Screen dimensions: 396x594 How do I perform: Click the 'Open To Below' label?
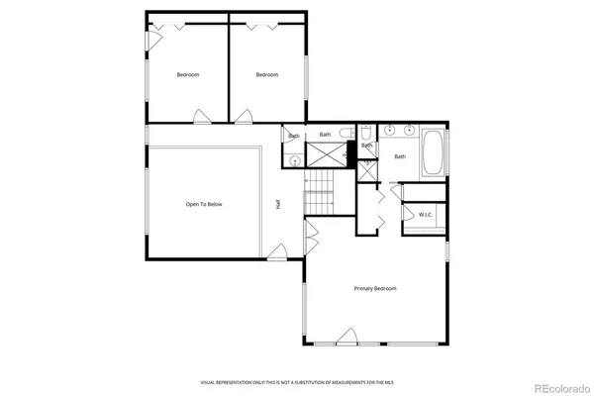click(x=204, y=204)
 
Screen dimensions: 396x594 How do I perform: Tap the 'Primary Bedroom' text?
click(x=375, y=288)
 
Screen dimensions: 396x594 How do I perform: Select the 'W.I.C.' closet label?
click(x=425, y=214)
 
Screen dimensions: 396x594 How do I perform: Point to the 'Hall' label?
click(x=278, y=204)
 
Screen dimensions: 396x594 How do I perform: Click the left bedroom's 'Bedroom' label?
click(x=189, y=75)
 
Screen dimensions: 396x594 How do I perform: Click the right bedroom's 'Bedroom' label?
click(x=267, y=75)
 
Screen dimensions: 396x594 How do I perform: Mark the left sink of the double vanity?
click(x=389, y=130)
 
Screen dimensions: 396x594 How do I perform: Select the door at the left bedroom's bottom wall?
click(x=202, y=116)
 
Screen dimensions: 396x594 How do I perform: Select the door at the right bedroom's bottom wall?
click(x=244, y=116)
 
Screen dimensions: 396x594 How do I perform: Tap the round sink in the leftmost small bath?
click(x=295, y=159)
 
